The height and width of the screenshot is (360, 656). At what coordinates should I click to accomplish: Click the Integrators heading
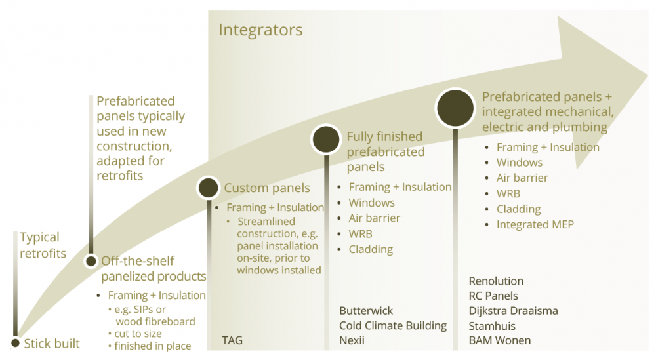260,30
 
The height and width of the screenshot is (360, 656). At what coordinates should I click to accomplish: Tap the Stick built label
52,344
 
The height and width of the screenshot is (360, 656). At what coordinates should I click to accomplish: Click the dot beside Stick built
15,343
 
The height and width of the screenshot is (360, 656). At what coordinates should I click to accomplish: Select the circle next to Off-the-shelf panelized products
91,261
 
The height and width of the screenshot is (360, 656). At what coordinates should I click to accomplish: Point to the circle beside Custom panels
208,188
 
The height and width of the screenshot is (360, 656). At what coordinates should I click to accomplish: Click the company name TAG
233,340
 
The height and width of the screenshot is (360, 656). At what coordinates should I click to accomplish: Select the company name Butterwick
366,310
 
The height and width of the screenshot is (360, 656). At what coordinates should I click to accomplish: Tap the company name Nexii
352,340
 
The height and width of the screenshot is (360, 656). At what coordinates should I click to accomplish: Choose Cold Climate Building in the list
392,325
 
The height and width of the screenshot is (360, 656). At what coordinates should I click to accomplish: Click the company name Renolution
496,281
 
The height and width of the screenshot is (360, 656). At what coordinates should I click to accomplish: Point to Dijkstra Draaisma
513,311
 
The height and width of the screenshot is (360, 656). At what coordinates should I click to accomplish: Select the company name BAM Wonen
499,340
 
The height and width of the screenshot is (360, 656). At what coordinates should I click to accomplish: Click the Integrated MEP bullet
535,224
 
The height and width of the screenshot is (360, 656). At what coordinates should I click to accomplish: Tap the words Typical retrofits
43,245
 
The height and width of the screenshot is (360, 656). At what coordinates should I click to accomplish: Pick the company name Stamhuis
492,326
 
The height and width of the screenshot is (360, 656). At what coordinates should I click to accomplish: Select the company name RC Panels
493,296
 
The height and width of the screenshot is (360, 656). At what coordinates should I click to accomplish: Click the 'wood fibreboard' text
155,321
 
